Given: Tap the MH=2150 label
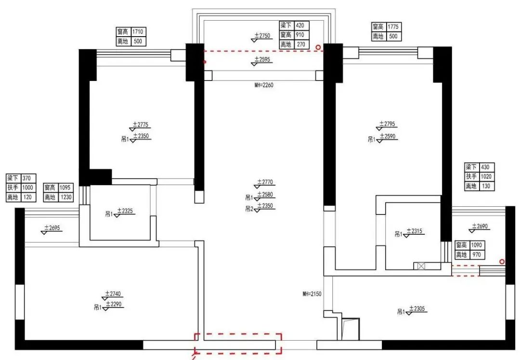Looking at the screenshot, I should point(312,293).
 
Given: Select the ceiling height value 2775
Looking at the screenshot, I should point(142,125).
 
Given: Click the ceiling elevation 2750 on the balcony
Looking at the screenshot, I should point(264,36).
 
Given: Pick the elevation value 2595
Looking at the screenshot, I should point(264,60).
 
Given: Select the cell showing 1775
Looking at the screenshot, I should point(393,27).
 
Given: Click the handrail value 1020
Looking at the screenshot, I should point(487,177).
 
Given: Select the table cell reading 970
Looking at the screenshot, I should point(478,255).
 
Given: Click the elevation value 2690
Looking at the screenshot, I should point(482,226).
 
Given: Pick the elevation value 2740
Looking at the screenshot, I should point(115,293).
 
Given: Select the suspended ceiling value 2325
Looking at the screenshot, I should point(127,211).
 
